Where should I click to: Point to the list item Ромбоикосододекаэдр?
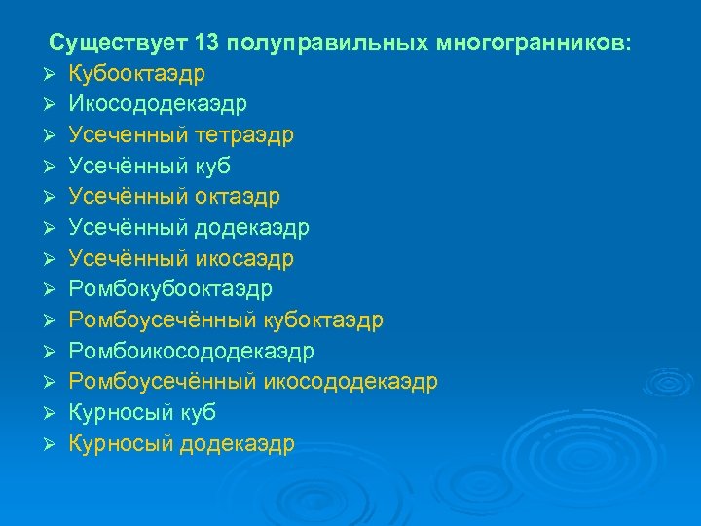[x=192, y=351]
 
